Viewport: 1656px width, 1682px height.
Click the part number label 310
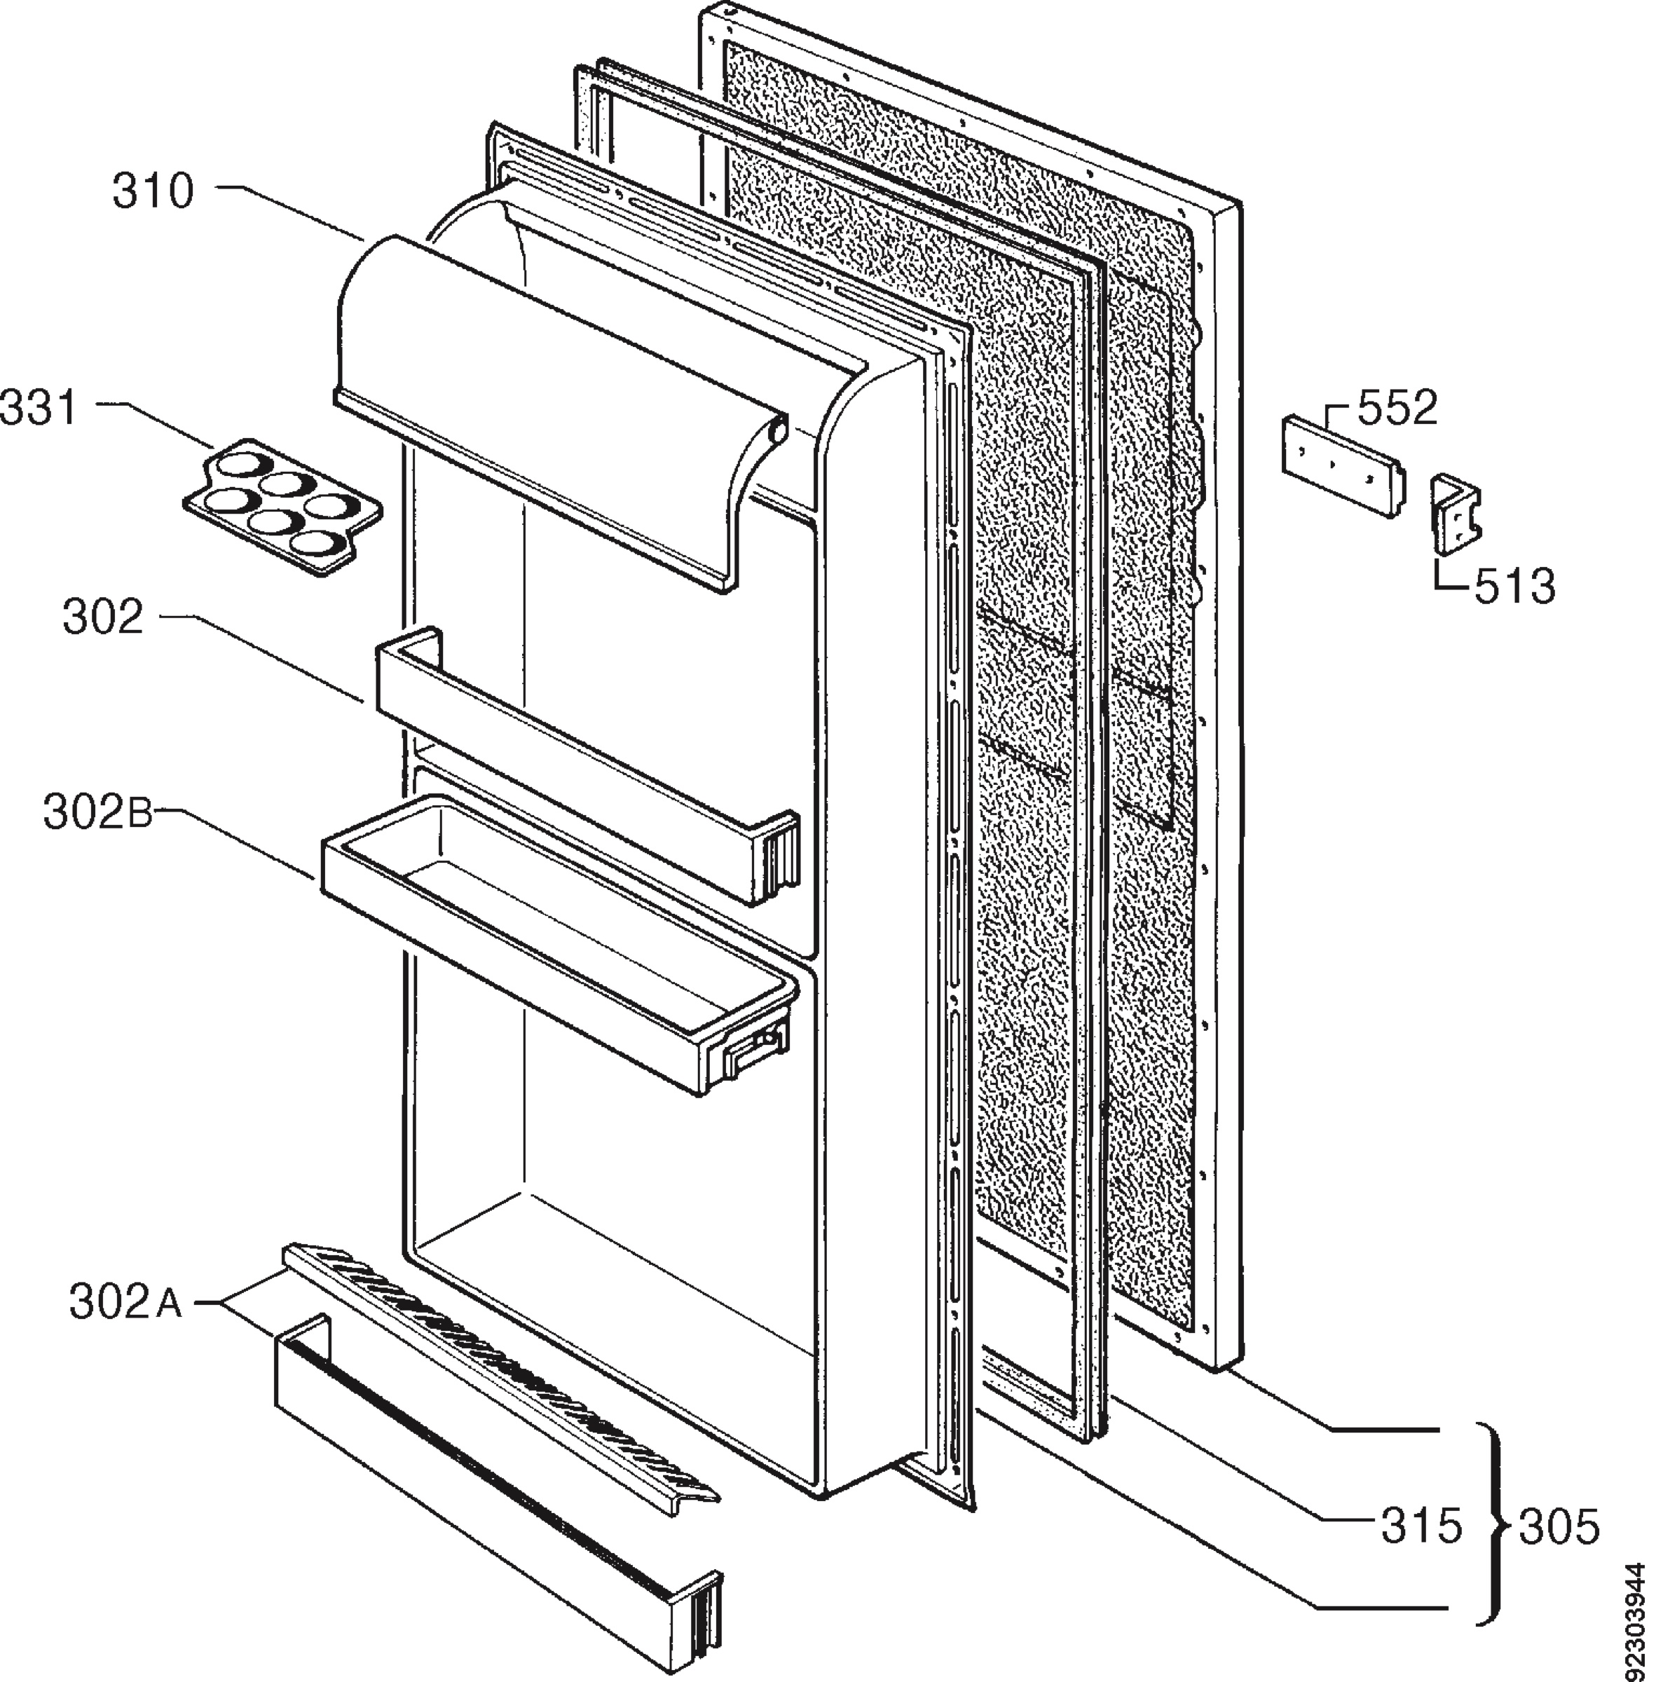153,191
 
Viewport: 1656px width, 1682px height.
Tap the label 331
40,409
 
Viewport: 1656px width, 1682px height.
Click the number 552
1397,409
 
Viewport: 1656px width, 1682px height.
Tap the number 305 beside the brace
1559,1527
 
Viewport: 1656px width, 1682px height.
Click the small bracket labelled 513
1457,514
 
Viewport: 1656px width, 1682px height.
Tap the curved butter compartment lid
556,409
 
